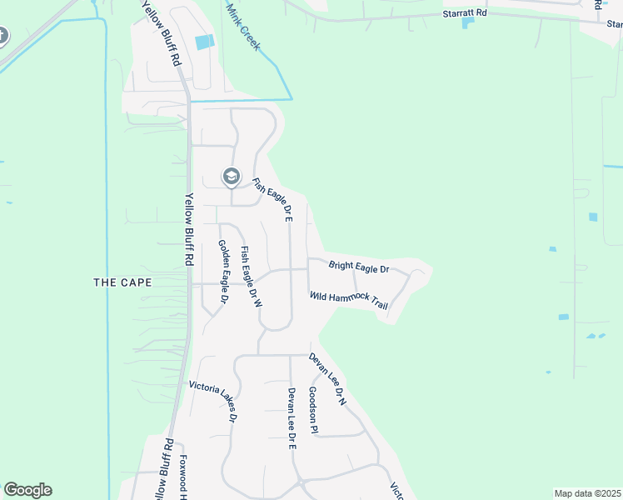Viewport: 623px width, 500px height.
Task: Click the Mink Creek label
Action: coord(243,25)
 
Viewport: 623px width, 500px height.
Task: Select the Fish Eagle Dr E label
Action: coord(272,201)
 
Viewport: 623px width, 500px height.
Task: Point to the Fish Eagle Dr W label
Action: coord(252,277)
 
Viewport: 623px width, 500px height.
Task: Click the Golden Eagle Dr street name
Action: coord(223,271)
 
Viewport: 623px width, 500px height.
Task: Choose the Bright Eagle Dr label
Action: coord(359,267)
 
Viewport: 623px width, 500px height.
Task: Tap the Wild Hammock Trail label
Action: coord(349,300)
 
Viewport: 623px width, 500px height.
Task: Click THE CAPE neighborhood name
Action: coord(122,282)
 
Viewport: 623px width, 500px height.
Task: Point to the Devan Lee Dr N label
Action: coord(327,379)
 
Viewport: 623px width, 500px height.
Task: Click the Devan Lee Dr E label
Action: coord(292,418)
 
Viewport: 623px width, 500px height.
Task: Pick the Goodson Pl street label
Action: coord(313,410)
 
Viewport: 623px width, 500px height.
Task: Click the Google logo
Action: coord(27,490)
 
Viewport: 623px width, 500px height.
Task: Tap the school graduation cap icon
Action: coord(231,176)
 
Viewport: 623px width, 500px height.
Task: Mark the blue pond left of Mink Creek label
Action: coord(203,42)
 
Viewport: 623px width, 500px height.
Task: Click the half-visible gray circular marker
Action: coord(2,37)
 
